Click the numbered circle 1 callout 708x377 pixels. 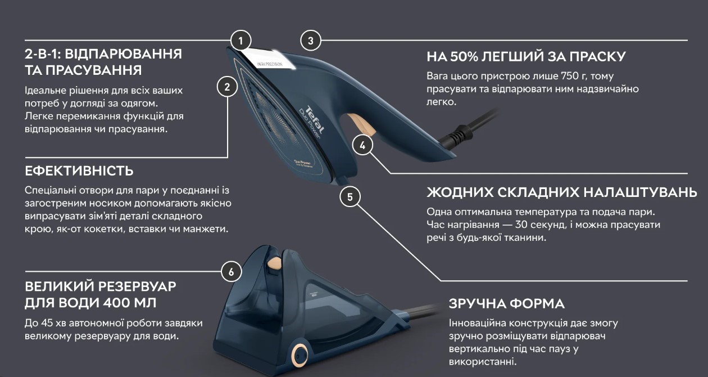coord(241,41)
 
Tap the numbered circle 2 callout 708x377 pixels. coord(227,87)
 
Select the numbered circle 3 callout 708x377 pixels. coord(311,41)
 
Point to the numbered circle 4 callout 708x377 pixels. coord(362,145)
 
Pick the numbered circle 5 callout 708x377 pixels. coord(350,196)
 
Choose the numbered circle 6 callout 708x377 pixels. coord(232,272)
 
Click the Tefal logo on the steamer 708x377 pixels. coord(315,119)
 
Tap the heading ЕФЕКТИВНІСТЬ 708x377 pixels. coord(79,171)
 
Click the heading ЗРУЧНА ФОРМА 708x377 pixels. coord(507,304)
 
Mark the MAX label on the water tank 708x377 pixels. coord(314,295)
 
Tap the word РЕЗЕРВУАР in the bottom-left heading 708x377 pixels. coord(137,286)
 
